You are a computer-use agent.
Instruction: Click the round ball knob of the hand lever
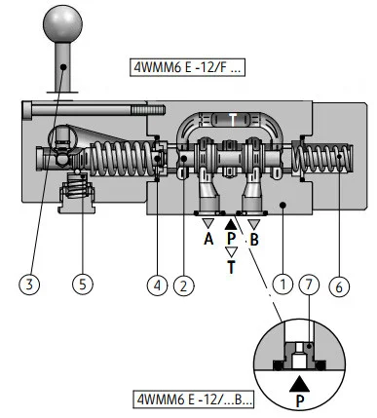tap(63, 23)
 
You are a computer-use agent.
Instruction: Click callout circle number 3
tap(29, 285)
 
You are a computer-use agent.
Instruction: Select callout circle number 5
tap(83, 285)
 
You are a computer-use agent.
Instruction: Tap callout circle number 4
tap(157, 285)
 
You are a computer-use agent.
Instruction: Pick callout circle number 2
tap(184, 286)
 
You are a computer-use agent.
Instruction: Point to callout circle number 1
tap(283, 285)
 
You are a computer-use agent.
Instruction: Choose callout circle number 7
tap(309, 285)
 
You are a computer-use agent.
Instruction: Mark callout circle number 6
tap(339, 286)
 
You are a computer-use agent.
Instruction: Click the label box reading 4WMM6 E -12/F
tap(187, 67)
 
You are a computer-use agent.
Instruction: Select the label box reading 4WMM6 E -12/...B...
tap(194, 399)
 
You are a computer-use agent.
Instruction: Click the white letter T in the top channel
tap(233, 120)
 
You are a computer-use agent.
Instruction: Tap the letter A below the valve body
tap(208, 240)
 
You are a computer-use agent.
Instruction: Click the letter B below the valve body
tap(254, 240)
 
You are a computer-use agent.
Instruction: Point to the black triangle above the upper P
tap(231, 224)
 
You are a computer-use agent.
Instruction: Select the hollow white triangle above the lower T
tap(231, 252)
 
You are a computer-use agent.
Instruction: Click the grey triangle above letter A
tap(208, 223)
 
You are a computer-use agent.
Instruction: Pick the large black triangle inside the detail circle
tap(299, 384)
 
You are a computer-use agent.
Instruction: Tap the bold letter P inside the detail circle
tap(300, 401)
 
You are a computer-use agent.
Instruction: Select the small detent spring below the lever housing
tap(77, 188)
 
